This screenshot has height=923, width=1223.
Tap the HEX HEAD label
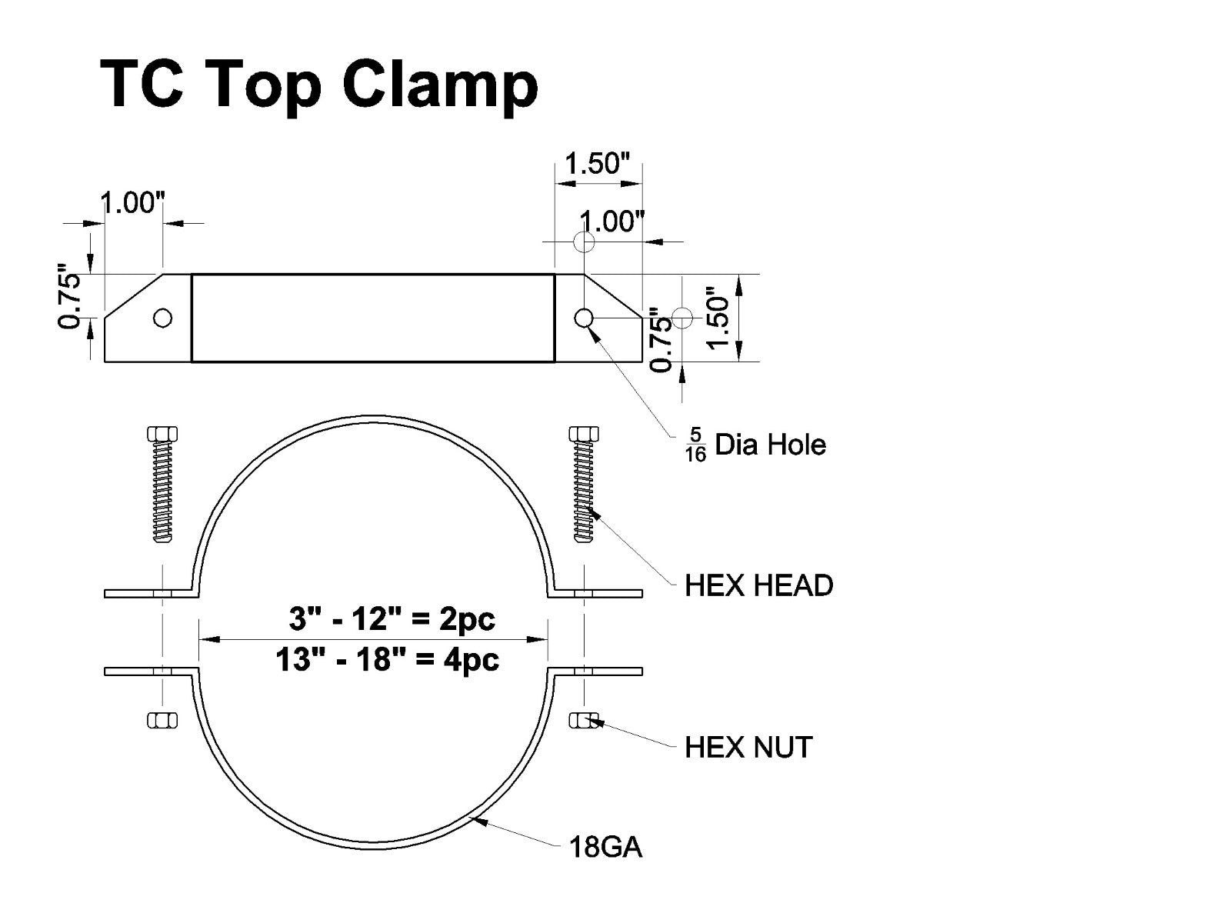click(x=758, y=586)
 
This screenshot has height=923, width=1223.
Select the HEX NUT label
click(x=748, y=748)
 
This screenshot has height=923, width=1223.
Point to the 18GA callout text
click(x=605, y=848)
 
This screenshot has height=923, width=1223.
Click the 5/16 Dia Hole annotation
click(x=755, y=445)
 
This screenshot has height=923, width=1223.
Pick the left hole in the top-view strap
click(x=162, y=318)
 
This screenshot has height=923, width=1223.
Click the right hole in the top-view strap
click(x=584, y=317)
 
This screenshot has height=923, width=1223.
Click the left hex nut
click(x=162, y=720)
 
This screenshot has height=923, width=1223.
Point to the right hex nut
click(x=584, y=720)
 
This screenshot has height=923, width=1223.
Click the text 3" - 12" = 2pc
click(x=392, y=619)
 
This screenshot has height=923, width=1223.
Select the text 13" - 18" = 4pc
click(x=388, y=659)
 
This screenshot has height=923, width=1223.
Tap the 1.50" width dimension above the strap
click(x=598, y=164)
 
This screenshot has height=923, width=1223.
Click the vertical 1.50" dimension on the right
click(x=718, y=318)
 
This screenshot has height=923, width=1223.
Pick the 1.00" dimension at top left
click(x=133, y=204)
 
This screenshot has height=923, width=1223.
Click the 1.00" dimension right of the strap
click(x=612, y=222)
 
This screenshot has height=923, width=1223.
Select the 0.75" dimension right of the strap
click(x=660, y=339)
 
